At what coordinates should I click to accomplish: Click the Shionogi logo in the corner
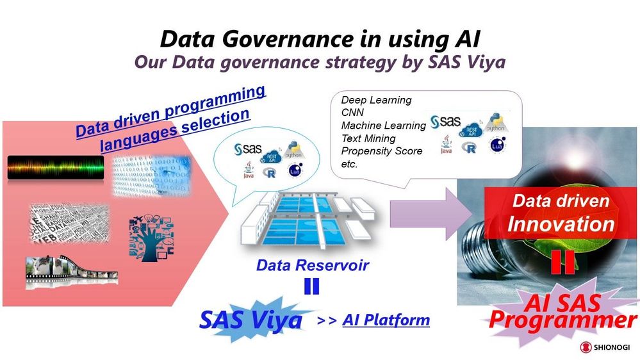point(605,347)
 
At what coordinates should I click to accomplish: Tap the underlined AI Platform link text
point(386,319)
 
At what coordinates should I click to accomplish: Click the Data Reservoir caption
point(312,265)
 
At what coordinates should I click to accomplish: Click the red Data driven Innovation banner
point(561,213)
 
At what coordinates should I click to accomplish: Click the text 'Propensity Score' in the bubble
point(381,151)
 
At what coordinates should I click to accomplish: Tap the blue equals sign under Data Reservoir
point(311,286)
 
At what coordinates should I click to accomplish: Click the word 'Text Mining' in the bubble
point(368,138)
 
